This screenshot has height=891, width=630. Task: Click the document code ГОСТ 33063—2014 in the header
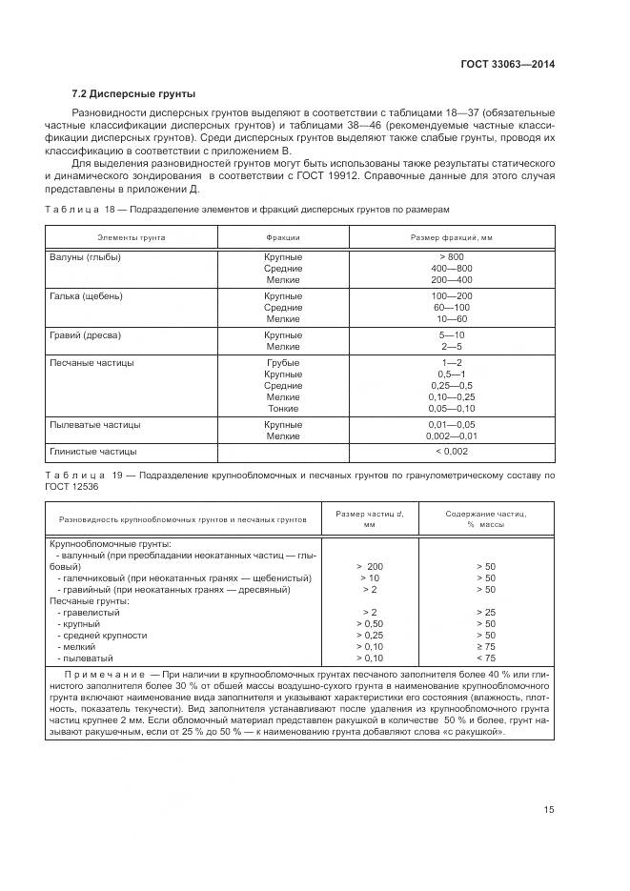coord(507,65)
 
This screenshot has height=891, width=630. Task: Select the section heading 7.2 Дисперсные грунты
coord(133,93)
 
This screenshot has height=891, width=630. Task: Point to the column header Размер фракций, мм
coord(451,236)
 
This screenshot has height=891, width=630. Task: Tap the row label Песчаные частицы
coord(91,363)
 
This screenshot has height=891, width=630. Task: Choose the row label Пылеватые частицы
coord(94,424)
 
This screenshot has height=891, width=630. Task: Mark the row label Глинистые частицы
coord(92,452)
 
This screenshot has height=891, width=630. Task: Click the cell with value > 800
coord(451,257)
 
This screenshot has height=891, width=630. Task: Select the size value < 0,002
coord(451,452)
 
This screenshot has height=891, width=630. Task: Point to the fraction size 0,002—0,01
coord(451,435)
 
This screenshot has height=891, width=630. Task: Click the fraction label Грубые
coord(283,363)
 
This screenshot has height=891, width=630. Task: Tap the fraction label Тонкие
coord(283,408)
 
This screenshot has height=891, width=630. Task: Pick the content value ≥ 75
coord(485,646)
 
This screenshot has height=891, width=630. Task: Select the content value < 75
coord(485,658)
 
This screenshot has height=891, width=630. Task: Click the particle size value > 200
coord(369,566)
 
